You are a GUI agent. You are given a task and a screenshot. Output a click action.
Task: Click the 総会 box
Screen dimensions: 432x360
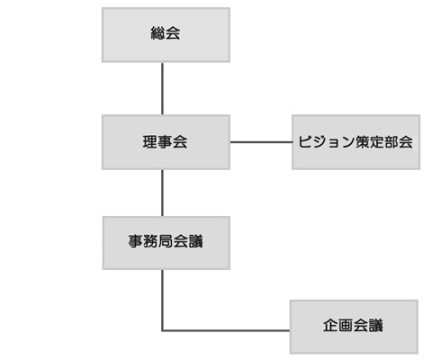coord(166,35)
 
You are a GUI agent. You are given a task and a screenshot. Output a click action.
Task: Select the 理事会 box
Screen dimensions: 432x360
coord(166,142)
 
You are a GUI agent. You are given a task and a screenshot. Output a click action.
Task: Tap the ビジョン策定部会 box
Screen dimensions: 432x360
coord(355,142)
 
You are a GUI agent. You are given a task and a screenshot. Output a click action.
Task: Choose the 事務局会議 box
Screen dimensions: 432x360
coord(166,243)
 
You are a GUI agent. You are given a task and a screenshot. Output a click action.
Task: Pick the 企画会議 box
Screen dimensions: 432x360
coord(354,327)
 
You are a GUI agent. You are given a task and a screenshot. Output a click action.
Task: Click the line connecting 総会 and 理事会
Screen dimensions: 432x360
coord(163,88)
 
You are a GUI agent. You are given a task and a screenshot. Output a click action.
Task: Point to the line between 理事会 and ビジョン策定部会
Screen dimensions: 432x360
coord(261,142)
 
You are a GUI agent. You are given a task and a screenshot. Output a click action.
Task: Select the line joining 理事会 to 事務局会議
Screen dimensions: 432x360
coord(163,193)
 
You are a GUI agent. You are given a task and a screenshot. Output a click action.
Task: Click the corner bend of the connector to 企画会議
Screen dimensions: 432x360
coord(163,330)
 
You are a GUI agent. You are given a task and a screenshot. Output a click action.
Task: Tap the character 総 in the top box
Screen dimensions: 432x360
coord(157,33)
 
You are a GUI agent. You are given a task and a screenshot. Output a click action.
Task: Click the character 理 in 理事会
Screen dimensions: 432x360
coord(149,142)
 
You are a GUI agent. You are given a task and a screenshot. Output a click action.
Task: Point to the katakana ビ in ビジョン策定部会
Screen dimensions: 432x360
coord(304,142)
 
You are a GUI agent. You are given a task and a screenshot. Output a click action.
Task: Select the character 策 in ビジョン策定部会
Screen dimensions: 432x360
coord(363,142)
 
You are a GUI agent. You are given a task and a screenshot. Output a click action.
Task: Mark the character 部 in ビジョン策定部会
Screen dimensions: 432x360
coord(391,142)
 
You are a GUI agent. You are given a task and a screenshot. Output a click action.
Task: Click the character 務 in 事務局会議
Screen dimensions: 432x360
coord(150,241)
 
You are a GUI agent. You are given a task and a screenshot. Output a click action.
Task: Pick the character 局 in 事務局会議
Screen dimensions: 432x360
coord(166,241)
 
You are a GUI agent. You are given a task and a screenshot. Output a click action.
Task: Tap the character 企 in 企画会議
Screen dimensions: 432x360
coord(330,326)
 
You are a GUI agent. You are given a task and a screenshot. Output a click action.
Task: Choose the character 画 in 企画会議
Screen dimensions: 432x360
coord(346,326)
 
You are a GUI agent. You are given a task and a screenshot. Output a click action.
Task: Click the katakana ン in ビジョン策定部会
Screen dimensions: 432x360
coord(348,142)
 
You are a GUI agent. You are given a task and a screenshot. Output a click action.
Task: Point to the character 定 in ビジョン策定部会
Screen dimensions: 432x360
coord(377,142)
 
